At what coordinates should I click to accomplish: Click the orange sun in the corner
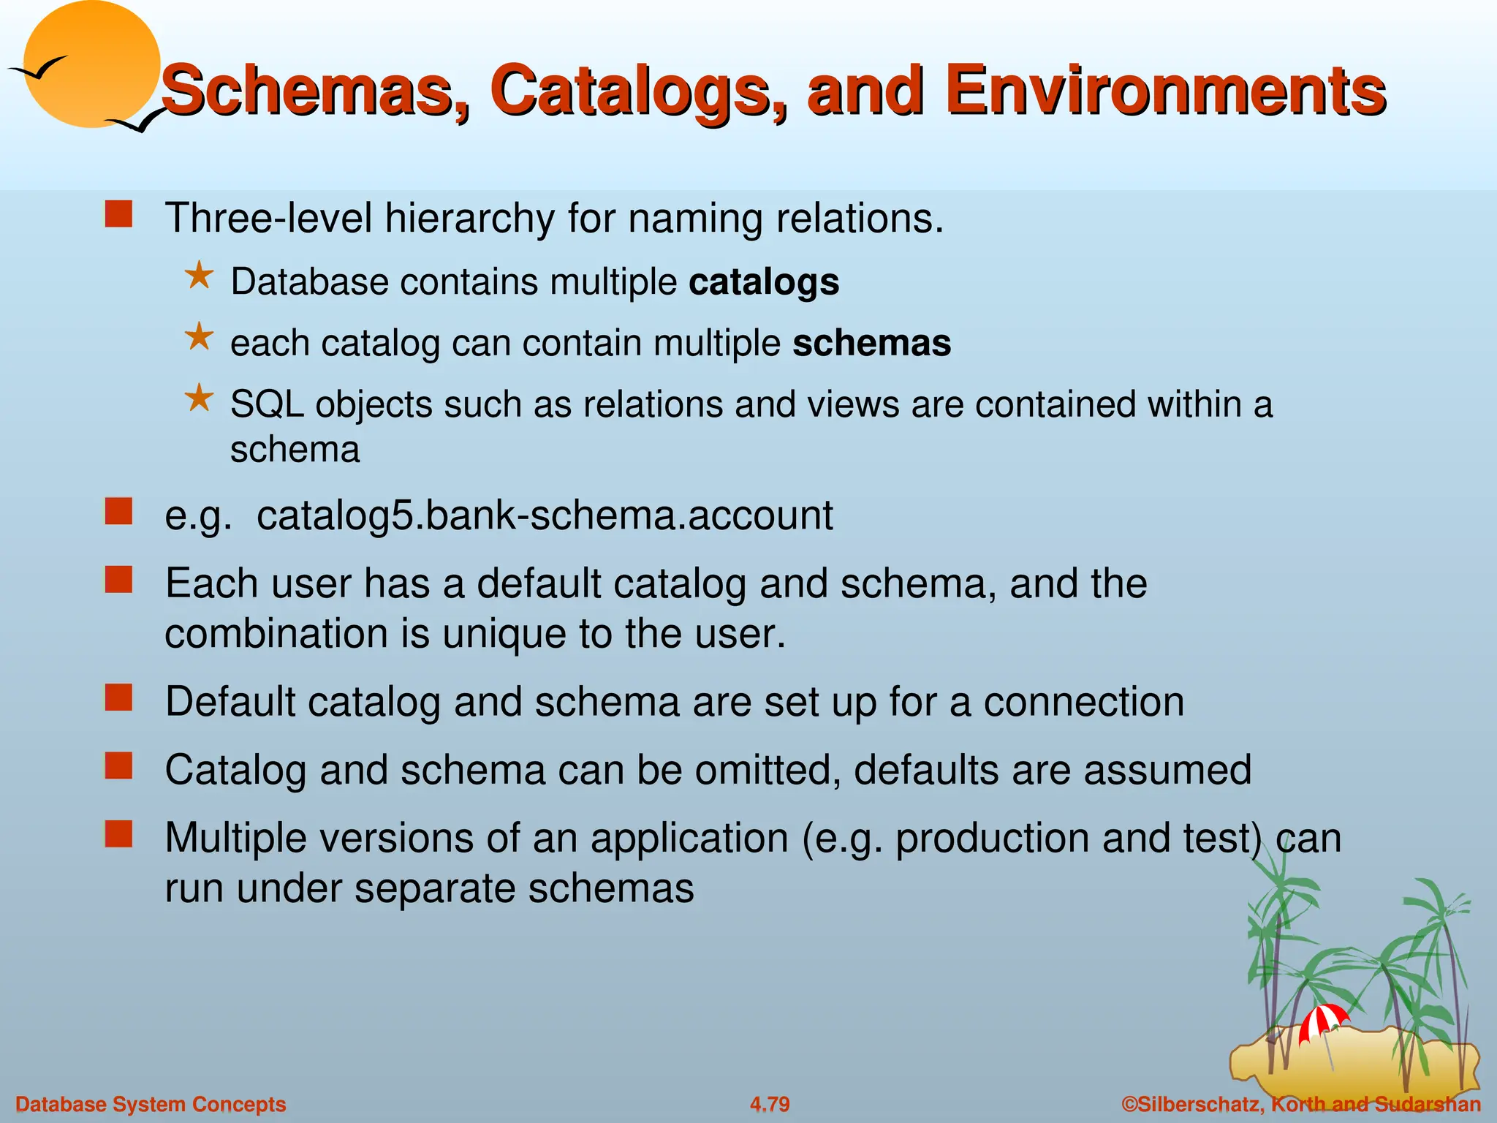tap(91, 64)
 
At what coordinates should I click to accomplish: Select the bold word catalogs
tap(764, 282)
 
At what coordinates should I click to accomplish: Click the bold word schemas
tap(871, 344)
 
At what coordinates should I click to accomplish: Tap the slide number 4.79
tap(770, 1104)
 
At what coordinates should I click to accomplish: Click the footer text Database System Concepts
tap(151, 1104)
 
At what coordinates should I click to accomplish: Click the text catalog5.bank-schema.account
tap(545, 515)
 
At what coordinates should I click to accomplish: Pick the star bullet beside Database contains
tap(199, 277)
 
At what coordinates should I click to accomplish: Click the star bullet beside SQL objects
tap(199, 399)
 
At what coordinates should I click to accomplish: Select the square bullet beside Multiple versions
tap(118, 833)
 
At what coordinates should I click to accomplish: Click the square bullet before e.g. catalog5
tap(118, 512)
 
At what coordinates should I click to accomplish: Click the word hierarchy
tap(470, 218)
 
